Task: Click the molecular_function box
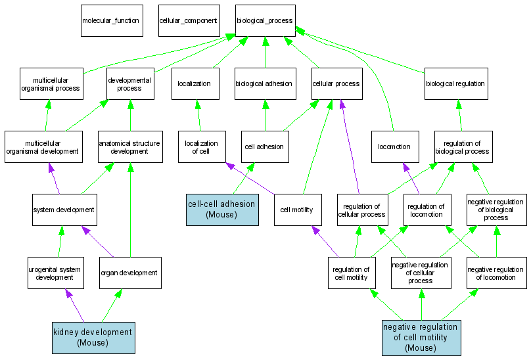[x=110, y=20]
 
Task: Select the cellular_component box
[x=188, y=20]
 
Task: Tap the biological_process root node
[x=265, y=20]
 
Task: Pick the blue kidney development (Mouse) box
[x=93, y=337]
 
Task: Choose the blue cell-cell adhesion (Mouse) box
[x=221, y=210]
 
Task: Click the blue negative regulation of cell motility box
[x=421, y=337]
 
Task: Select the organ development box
[x=129, y=273]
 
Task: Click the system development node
[x=64, y=210]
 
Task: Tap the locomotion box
[x=394, y=146]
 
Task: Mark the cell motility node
[x=296, y=210]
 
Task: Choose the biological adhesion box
[x=264, y=83]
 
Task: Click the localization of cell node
[x=201, y=146]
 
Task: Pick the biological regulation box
[x=455, y=83]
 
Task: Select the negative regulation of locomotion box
[x=496, y=273]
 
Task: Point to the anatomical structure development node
[x=129, y=146]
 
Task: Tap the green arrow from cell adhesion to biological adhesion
[x=264, y=115]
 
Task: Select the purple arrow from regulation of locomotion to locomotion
[x=411, y=178]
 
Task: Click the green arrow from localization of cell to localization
[x=197, y=115]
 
